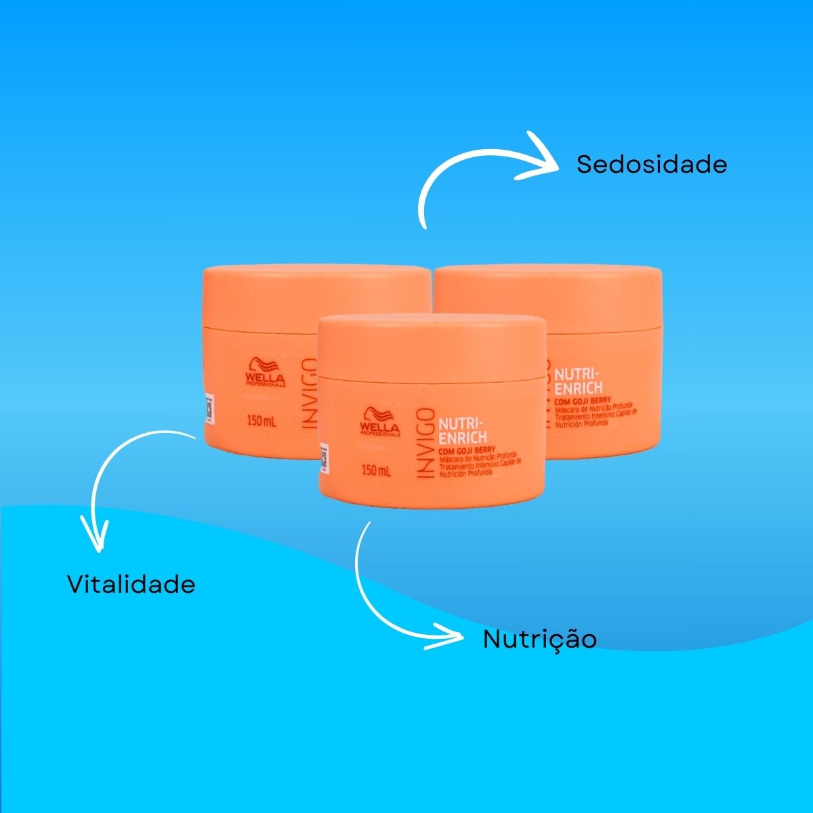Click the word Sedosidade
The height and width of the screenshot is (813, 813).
coord(651,165)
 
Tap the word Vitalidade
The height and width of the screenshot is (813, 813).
coord(131,584)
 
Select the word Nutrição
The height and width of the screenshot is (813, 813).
coord(539,639)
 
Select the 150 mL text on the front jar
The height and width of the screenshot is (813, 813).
coord(377,470)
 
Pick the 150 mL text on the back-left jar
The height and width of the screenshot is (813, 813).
coord(262,421)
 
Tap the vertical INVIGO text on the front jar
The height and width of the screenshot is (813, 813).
coord(423,443)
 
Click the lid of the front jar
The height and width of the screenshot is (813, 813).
coord(432,346)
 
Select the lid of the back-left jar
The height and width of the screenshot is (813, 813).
coord(298,291)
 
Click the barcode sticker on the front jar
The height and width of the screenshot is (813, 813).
coord(324,460)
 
